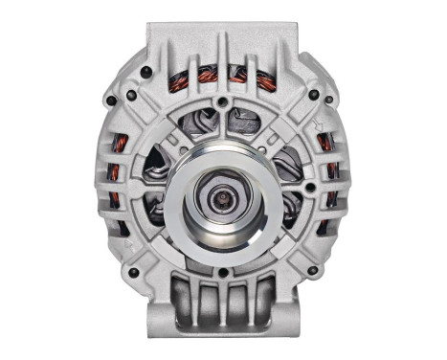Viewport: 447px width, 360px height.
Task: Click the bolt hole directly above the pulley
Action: point(222,102)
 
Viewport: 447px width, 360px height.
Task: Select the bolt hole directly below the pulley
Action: point(223,272)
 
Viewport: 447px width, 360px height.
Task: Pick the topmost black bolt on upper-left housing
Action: point(144,72)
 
